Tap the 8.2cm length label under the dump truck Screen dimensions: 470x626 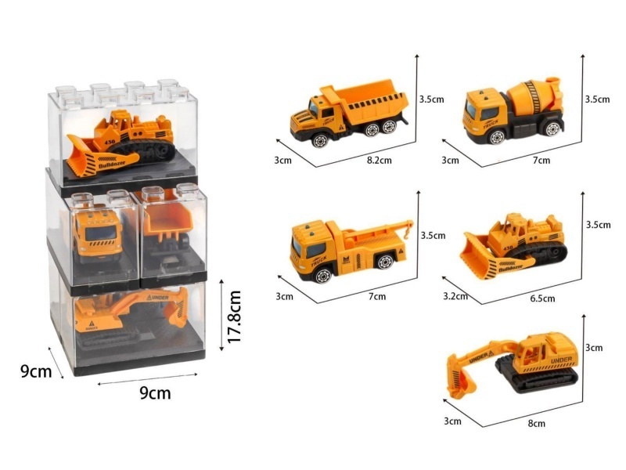380,161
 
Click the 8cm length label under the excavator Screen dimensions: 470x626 537,423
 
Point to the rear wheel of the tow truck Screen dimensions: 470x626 384,262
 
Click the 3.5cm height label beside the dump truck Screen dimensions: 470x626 431,99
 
